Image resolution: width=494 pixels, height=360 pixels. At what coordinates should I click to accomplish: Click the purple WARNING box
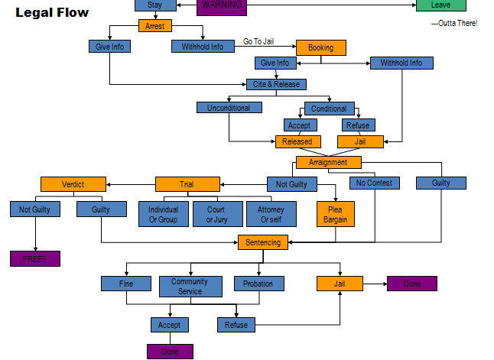point(222,6)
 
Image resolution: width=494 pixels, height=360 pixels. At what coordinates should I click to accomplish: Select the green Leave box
point(440,5)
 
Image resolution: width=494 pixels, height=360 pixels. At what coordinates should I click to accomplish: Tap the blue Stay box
point(154,5)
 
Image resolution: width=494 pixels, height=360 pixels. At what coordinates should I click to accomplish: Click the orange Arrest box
point(155,26)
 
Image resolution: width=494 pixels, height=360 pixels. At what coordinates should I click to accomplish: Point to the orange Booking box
point(320,47)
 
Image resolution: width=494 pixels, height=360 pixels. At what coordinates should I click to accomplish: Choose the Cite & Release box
point(276,84)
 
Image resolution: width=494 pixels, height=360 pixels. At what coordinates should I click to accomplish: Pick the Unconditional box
point(229,108)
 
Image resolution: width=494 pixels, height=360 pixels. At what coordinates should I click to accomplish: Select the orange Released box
point(298,141)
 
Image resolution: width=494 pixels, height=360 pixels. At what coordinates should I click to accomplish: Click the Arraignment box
point(328,162)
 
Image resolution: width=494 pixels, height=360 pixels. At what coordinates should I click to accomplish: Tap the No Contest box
point(375,183)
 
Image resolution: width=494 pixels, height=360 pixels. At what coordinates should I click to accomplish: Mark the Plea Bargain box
point(335,214)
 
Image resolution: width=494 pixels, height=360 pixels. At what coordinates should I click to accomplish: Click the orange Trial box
point(187,184)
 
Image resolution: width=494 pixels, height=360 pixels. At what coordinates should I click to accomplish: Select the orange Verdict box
point(73,184)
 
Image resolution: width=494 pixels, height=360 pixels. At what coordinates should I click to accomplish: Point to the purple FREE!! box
point(34,258)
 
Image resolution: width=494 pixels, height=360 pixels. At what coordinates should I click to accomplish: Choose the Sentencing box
point(263,242)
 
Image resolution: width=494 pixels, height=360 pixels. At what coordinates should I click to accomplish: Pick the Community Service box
point(190,287)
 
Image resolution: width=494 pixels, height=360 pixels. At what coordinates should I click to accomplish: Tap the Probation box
point(258,284)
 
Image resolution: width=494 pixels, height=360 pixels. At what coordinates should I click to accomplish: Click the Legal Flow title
point(52,13)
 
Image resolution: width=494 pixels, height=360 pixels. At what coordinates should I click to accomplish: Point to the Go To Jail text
point(258,41)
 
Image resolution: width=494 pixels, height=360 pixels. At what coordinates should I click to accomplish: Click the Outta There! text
point(454,24)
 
